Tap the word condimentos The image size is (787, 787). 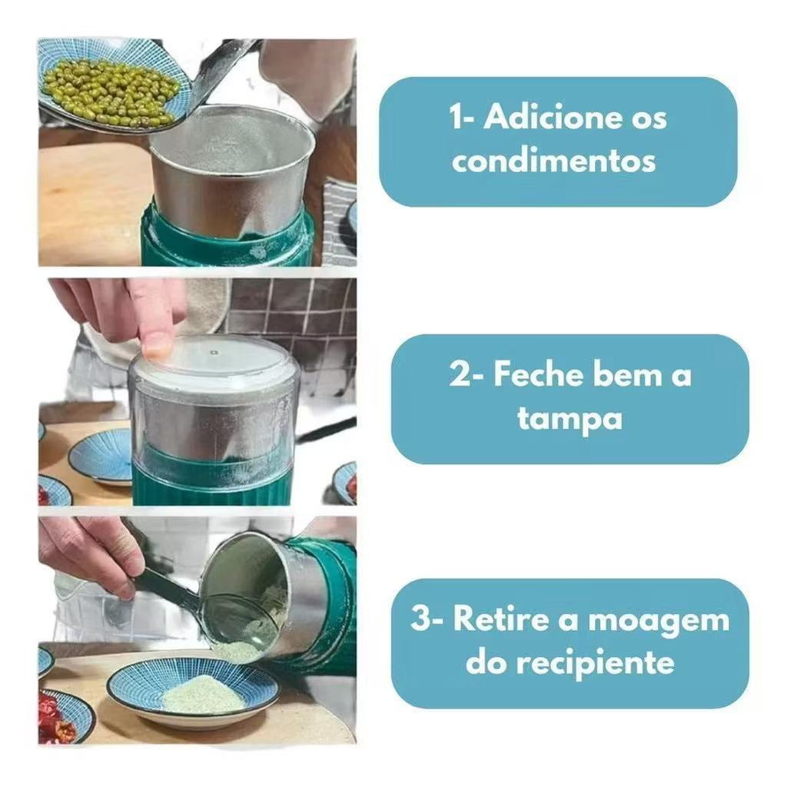(553, 161)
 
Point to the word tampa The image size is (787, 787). (569, 419)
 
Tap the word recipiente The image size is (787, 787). (596, 664)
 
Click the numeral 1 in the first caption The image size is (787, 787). (457, 118)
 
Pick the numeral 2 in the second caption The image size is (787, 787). (460, 374)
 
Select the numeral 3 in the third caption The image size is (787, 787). (420, 619)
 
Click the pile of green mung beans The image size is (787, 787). (111, 91)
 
